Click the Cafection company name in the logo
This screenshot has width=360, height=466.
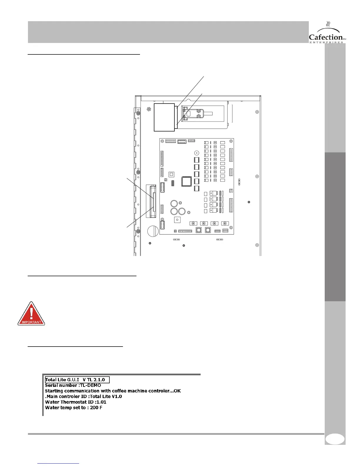326,37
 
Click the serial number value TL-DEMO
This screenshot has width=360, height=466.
91,385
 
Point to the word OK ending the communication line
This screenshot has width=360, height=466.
177,391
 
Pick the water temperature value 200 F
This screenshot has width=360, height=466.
96,408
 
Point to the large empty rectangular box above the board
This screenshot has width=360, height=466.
164,117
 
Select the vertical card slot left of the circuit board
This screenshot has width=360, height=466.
153,202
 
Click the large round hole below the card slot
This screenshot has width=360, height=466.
153,231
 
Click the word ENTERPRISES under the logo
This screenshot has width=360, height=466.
326,42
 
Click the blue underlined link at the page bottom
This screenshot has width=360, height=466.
59,464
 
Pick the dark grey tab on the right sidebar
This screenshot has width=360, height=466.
335,227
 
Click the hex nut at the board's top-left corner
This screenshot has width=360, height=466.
163,142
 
